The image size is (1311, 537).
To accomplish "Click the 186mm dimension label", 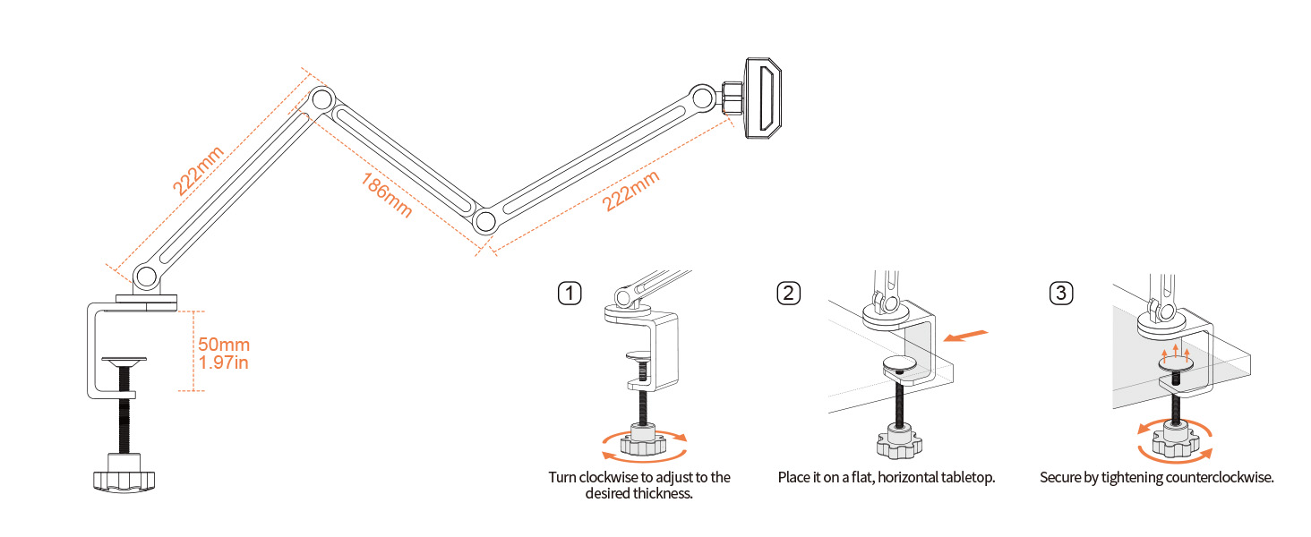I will (386, 195).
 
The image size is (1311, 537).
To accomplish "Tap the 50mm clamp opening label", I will (223, 345).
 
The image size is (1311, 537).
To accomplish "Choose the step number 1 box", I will (570, 293).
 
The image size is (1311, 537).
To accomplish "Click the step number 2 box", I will (789, 293).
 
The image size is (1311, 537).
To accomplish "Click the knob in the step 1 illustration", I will (644, 439).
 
